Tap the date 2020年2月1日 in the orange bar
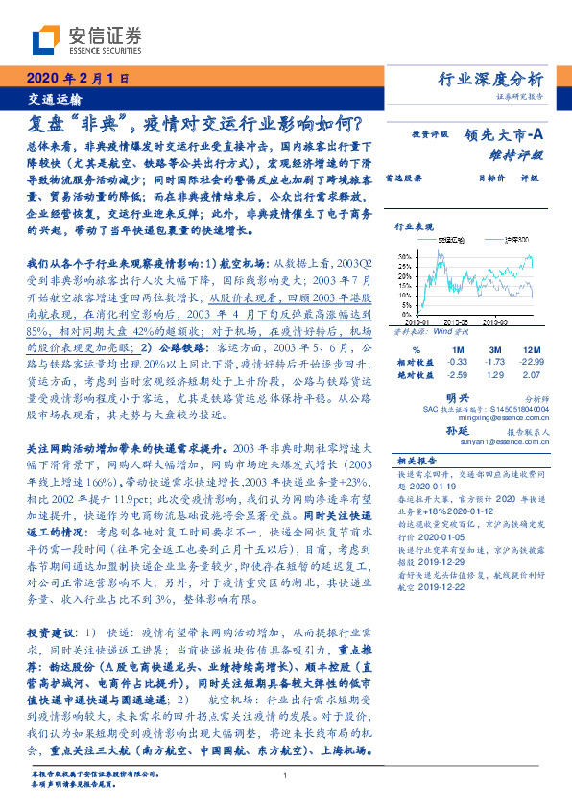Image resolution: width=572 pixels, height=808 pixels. (64, 79)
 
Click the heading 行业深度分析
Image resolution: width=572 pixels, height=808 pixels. (490, 79)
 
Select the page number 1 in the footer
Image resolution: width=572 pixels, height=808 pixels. (286, 776)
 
